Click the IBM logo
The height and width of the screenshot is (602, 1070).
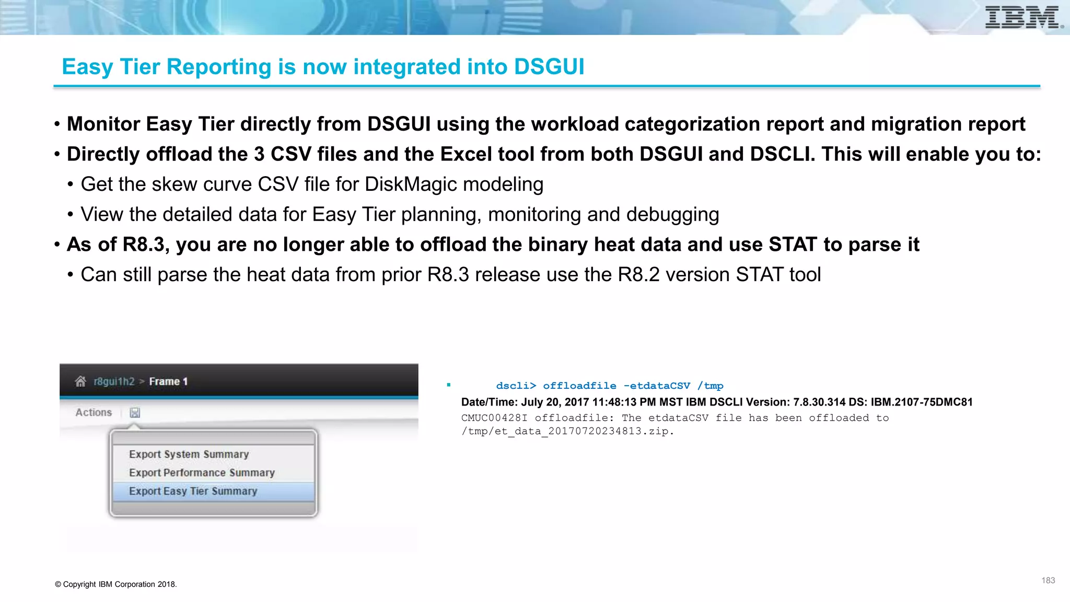[1023, 17]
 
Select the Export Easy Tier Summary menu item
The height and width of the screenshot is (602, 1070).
[193, 491]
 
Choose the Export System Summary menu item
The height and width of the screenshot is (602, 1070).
[189, 454]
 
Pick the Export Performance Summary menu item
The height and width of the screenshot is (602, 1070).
[202, 472]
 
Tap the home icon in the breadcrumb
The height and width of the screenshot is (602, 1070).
[80, 381]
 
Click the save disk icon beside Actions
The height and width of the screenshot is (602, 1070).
[135, 413]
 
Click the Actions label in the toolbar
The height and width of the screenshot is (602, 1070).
[94, 412]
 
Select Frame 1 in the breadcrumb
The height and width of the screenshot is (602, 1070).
[168, 381]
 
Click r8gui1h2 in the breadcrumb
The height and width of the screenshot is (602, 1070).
[114, 381]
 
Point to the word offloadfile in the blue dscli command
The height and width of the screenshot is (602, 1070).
[579, 386]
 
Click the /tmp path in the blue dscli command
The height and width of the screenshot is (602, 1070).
[710, 386]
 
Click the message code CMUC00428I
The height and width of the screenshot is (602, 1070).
[494, 418]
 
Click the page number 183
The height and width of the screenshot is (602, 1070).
[1048, 581]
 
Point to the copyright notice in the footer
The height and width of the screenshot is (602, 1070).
[116, 584]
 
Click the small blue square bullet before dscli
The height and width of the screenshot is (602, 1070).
[449, 385]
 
